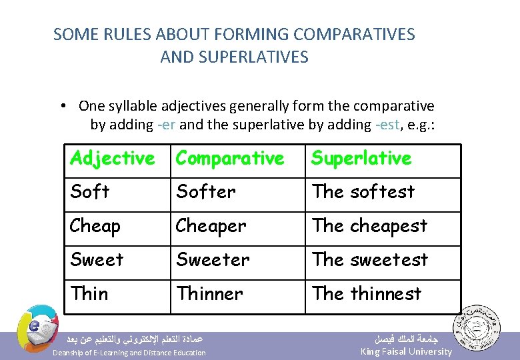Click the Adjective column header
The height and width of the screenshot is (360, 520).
point(112,159)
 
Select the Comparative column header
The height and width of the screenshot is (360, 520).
point(229,159)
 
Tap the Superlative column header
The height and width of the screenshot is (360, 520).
point(361,159)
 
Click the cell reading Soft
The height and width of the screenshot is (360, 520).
point(89,192)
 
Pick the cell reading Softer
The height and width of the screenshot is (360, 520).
point(205,192)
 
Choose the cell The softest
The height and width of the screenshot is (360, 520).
point(363,192)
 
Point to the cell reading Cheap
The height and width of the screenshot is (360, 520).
point(95,226)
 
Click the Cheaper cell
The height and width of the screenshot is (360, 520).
point(211,226)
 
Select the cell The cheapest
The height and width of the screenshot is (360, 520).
point(369,226)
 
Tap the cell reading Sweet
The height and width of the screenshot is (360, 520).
point(97,259)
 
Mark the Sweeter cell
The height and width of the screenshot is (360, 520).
point(213,259)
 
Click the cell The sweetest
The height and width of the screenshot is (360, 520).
point(370,259)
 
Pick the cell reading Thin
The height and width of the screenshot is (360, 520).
point(89,293)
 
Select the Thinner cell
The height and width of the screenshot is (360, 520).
point(209,293)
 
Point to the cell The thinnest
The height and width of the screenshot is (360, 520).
point(367,293)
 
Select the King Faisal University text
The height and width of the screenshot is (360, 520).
point(405,351)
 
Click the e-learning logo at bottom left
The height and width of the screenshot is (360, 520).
point(37,326)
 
